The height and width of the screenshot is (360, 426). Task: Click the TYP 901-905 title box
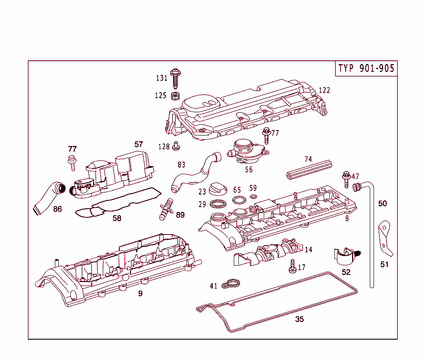(366, 69)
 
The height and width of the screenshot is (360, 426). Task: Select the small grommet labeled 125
(175, 96)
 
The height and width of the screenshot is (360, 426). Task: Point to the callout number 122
(324, 90)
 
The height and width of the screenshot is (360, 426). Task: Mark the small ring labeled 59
(253, 197)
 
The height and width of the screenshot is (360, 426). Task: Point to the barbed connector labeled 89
(166, 209)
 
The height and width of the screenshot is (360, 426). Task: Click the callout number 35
(300, 319)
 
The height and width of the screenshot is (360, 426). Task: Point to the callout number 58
(117, 218)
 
